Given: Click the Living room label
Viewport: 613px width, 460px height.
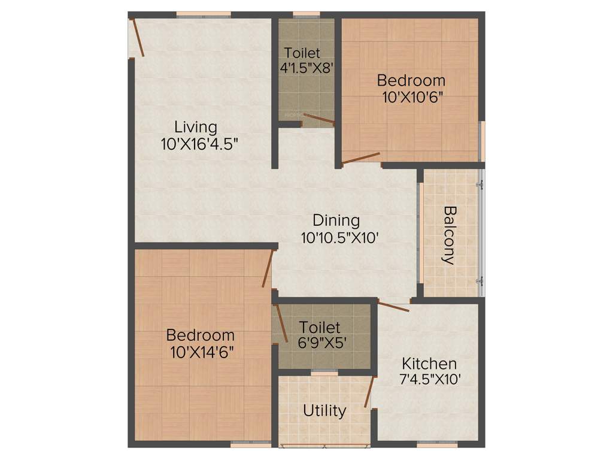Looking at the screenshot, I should (195, 127).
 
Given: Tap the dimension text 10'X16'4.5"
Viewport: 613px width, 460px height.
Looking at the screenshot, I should (195, 144).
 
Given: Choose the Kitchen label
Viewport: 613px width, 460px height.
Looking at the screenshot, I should (429, 363).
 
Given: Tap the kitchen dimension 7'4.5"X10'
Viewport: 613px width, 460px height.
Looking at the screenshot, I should (429, 379).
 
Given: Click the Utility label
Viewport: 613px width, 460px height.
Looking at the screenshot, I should (324, 411).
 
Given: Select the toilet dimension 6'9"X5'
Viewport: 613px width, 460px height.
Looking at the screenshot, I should (320, 344).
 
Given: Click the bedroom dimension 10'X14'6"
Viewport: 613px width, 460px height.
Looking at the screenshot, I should (201, 351).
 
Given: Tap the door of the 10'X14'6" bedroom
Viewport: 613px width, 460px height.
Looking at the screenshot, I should (268, 269).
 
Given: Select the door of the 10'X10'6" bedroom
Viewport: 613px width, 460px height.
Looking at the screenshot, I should (361, 158).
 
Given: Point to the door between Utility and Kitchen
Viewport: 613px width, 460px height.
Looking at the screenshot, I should (369, 392).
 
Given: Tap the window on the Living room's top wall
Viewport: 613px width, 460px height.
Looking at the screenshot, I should (204, 14).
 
